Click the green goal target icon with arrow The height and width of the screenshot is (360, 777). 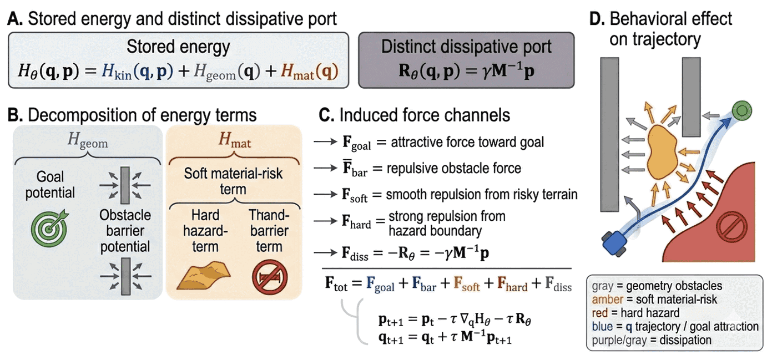(x=50, y=227)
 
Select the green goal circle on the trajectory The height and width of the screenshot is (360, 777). (x=741, y=111)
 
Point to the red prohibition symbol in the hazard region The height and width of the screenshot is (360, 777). (x=732, y=227)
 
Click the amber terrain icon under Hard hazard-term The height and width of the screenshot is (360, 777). (x=204, y=276)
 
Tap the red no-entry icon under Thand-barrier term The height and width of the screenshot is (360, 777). (x=270, y=277)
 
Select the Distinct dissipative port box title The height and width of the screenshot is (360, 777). (x=466, y=47)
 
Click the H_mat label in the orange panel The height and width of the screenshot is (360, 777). (x=234, y=140)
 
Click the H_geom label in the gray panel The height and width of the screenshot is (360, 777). (x=88, y=140)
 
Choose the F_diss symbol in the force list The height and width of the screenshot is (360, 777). (x=355, y=253)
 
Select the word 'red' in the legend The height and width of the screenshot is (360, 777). (x=600, y=313)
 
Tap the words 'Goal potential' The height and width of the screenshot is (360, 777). (x=50, y=185)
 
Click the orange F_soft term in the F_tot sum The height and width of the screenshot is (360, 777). (x=467, y=284)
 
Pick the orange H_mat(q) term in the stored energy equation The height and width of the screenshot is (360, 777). (x=310, y=72)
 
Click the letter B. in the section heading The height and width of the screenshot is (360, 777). (x=15, y=115)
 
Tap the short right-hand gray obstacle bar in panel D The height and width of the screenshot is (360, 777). (x=691, y=97)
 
